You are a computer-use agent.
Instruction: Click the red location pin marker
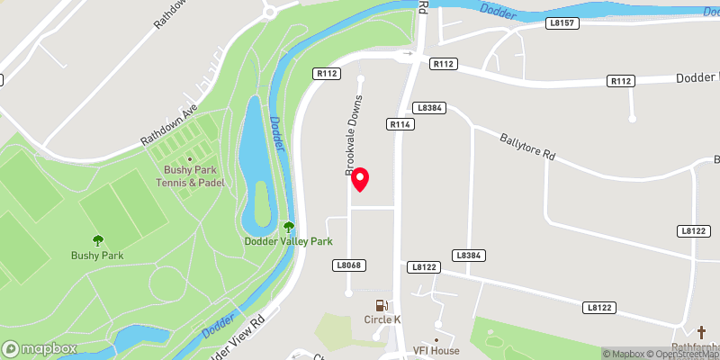pyautogui.click(x=360, y=179)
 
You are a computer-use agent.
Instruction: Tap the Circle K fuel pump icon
pyautogui.click(x=382, y=305)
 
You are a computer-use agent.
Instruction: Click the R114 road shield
pyautogui.click(x=400, y=124)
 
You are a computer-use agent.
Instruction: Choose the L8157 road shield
pyautogui.click(x=562, y=23)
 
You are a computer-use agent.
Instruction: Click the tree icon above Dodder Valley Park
pyautogui.click(x=289, y=228)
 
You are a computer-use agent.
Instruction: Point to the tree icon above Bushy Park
pyautogui.click(x=97, y=240)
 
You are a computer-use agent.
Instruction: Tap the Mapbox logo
pyautogui.click(x=38, y=348)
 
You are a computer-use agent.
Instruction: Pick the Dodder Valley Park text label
pyautogui.click(x=289, y=241)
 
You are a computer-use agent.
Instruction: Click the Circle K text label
pyautogui.click(x=382, y=319)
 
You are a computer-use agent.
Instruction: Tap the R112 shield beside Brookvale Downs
pyautogui.click(x=325, y=73)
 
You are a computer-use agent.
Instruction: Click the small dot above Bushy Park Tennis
pyautogui.click(x=190, y=159)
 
